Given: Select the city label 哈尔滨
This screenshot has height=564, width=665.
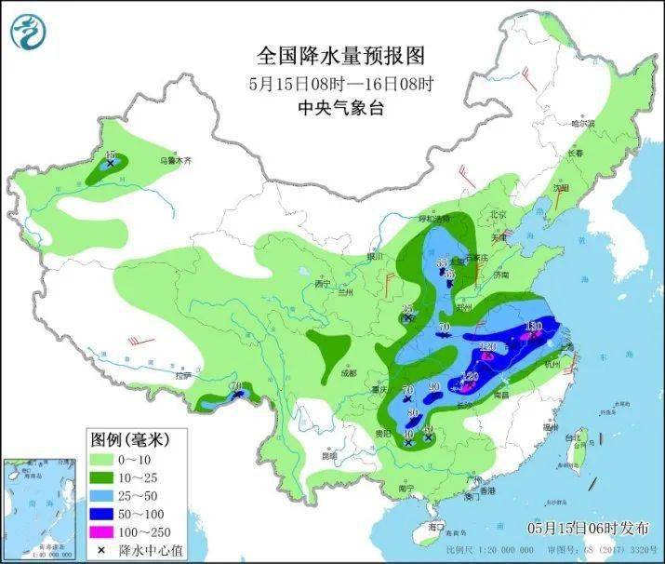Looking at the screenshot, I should pyautogui.click(x=582, y=123).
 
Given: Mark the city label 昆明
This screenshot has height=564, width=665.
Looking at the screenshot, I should pyautogui.click(x=328, y=456).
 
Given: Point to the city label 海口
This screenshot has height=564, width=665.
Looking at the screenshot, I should pyautogui.click(x=434, y=527).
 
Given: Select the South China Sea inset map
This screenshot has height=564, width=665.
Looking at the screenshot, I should pyautogui.click(x=41, y=508).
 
